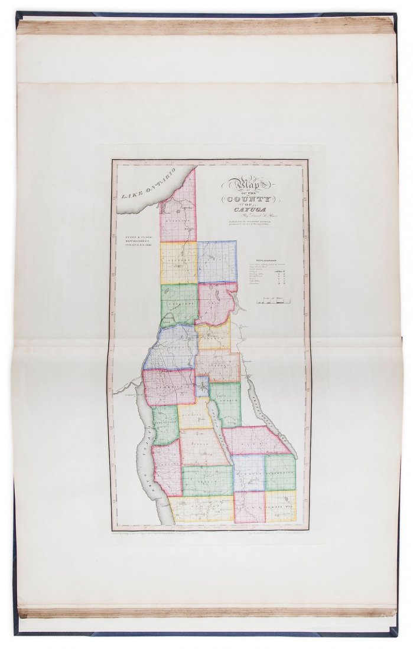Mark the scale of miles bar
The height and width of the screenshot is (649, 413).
(270, 301)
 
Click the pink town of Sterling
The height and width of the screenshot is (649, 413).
(177, 215)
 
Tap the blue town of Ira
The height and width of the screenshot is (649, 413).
(217, 261)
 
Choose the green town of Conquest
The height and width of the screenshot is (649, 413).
(178, 304)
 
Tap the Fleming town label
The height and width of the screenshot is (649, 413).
(194, 416)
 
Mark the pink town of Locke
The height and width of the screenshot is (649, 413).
(249, 507)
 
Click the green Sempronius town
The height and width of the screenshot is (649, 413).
(279, 472)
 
